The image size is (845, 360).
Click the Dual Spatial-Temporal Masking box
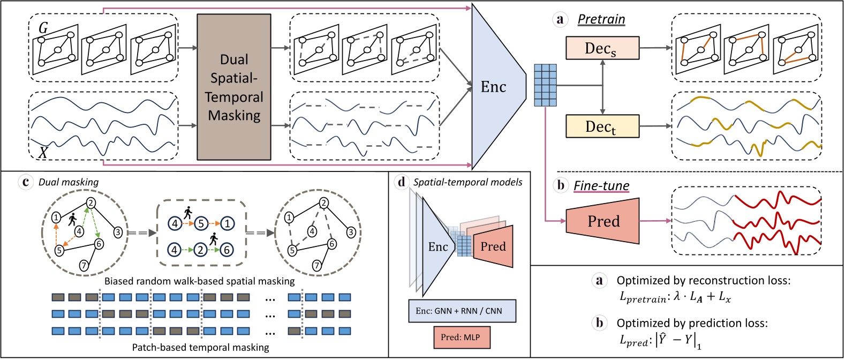[x=233, y=87]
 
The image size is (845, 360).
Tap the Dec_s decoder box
[x=602, y=48]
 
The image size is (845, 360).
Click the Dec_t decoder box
[x=602, y=126]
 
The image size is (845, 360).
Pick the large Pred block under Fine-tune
[x=603, y=221]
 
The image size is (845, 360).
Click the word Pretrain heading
[x=601, y=19]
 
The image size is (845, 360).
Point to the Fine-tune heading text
[x=601, y=186]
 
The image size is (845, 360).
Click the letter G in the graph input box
[x=43, y=27]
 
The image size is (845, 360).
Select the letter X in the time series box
[x=42, y=153]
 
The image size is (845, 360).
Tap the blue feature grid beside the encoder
[x=545, y=85]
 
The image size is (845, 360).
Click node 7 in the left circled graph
[x=84, y=265]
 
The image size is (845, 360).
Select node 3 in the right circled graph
[x=351, y=232]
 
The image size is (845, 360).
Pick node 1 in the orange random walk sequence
[x=228, y=223]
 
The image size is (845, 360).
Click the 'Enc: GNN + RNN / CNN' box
[x=462, y=311]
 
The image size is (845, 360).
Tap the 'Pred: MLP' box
[x=461, y=337]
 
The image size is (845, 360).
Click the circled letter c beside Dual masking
[x=25, y=182]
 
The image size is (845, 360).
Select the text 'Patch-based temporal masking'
[x=200, y=347]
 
